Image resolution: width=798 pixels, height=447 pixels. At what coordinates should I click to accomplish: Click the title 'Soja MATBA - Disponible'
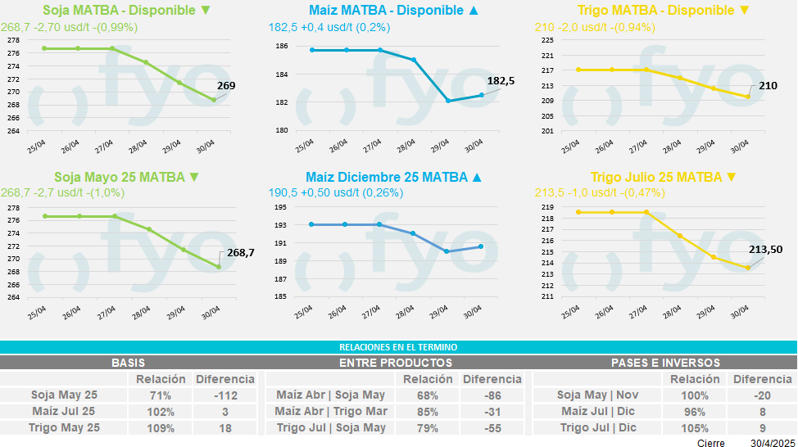(x=124, y=11)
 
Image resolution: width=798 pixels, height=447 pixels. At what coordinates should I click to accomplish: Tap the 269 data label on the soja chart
(x=226, y=85)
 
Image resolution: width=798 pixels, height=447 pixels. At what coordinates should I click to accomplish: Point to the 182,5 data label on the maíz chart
(x=501, y=81)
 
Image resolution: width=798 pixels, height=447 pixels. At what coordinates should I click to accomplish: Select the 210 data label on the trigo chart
(x=768, y=85)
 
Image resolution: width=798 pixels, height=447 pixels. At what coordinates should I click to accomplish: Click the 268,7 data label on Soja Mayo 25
(x=239, y=253)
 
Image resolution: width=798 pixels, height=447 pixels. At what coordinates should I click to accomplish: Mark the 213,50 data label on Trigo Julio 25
(x=765, y=250)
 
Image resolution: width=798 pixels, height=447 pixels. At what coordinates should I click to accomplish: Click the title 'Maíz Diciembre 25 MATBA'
(x=386, y=177)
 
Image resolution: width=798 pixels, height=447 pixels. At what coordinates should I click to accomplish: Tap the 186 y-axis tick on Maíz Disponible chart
(x=281, y=47)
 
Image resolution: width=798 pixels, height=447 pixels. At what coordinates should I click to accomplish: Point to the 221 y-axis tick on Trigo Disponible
(x=548, y=56)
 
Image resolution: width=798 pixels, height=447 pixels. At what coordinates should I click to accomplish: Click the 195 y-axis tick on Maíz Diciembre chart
(x=281, y=208)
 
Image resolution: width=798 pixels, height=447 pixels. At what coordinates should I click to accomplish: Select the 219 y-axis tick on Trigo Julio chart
(x=548, y=208)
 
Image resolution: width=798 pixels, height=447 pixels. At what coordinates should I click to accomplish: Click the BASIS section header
(x=129, y=362)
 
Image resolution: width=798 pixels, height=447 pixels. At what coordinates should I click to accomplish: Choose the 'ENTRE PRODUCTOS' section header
(x=395, y=362)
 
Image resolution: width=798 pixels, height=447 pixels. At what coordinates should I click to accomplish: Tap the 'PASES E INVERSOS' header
(x=665, y=362)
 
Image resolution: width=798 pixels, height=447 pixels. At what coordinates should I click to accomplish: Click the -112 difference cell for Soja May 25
(x=224, y=395)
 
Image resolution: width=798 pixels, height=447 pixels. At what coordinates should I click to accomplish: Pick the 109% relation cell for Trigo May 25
(x=161, y=427)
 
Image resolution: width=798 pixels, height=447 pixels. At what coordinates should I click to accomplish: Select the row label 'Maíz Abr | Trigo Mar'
(x=330, y=411)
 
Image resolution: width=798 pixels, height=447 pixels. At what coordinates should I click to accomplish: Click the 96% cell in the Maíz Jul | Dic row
(x=695, y=411)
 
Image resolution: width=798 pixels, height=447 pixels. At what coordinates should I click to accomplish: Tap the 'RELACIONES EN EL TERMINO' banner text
(x=398, y=347)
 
